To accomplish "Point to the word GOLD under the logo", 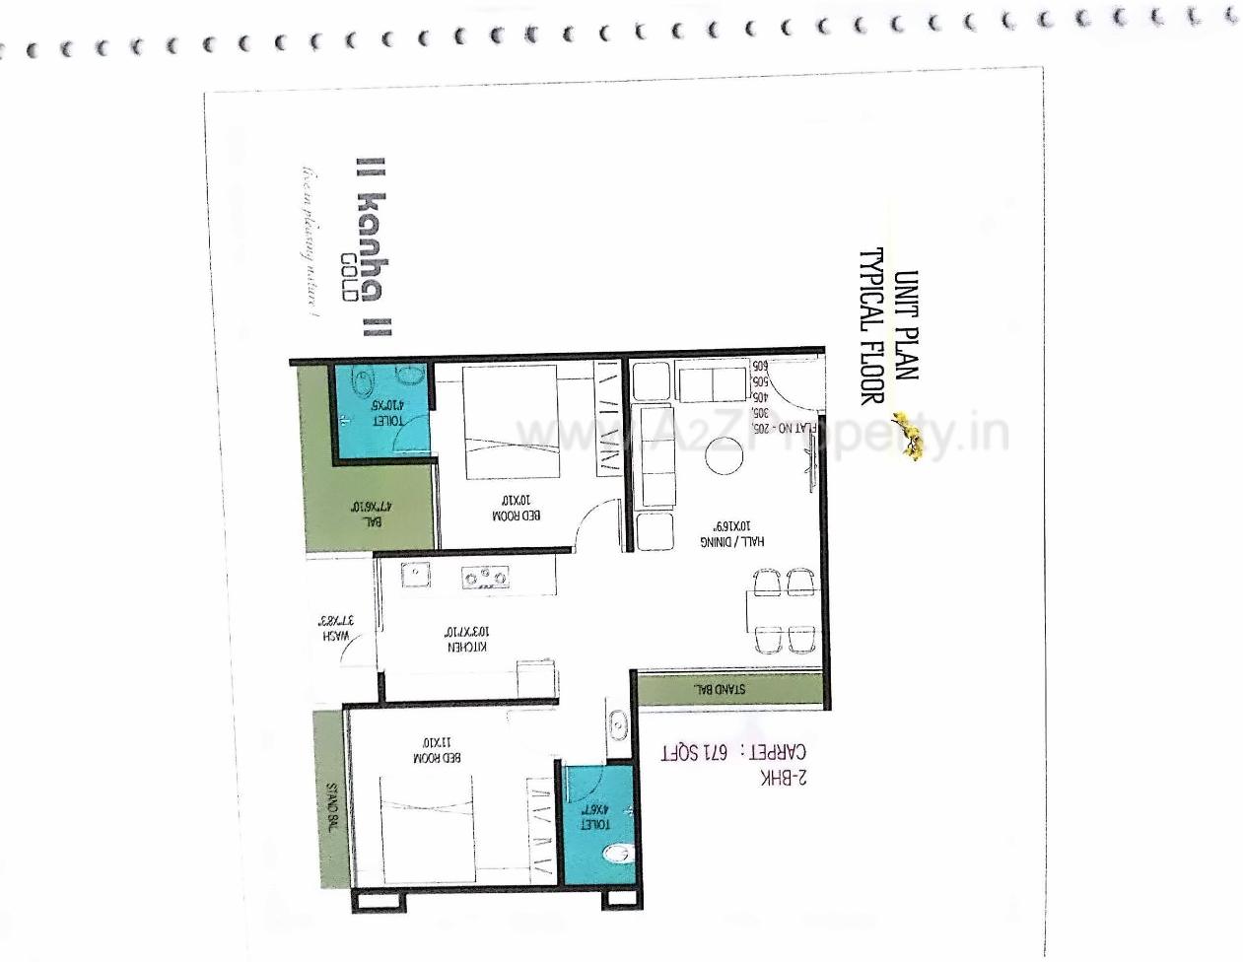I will tap(346, 277).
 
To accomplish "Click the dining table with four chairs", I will tap(785, 610).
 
